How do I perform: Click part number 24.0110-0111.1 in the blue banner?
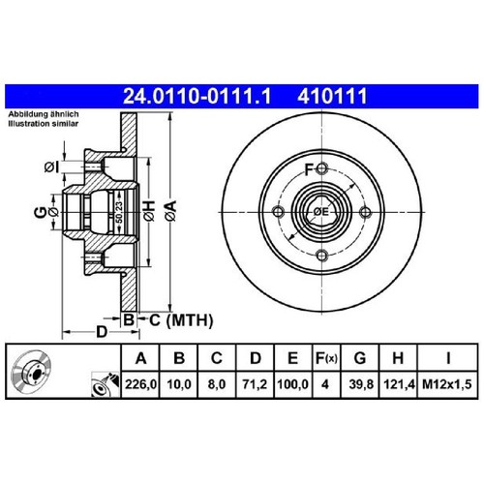[x=197, y=96]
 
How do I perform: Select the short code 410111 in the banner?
[x=332, y=96]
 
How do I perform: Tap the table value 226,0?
[x=140, y=384]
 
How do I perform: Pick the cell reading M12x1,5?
[x=447, y=384]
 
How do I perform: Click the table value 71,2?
[x=256, y=384]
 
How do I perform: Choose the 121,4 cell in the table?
[x=399, y=384]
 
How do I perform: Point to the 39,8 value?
[x=361, y=384]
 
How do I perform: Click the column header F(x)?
[x=326, y=358]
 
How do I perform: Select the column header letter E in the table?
[x=292, y=358]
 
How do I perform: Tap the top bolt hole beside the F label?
[x=322, y=168]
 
